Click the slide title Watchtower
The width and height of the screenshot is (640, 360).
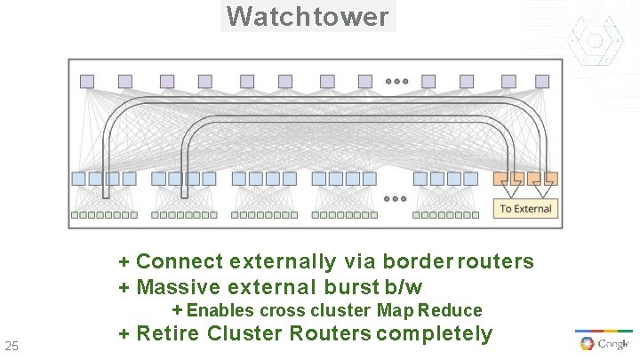[308, 16]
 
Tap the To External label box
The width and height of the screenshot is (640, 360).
[525, 208]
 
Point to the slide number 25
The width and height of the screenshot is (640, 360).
[12, 345]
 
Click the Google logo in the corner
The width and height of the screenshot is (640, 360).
[604, 344]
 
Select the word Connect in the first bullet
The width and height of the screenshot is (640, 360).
[180, 261]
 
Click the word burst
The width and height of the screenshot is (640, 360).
[352, 287]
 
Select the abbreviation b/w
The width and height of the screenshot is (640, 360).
[404, 287]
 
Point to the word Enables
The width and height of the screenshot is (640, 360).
[220, 310]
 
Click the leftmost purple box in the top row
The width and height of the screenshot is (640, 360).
[87, 81]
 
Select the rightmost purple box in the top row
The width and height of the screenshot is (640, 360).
[543, 81]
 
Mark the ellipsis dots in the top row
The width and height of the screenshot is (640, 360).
[396, 82]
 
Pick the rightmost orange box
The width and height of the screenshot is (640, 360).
[551, 179]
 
